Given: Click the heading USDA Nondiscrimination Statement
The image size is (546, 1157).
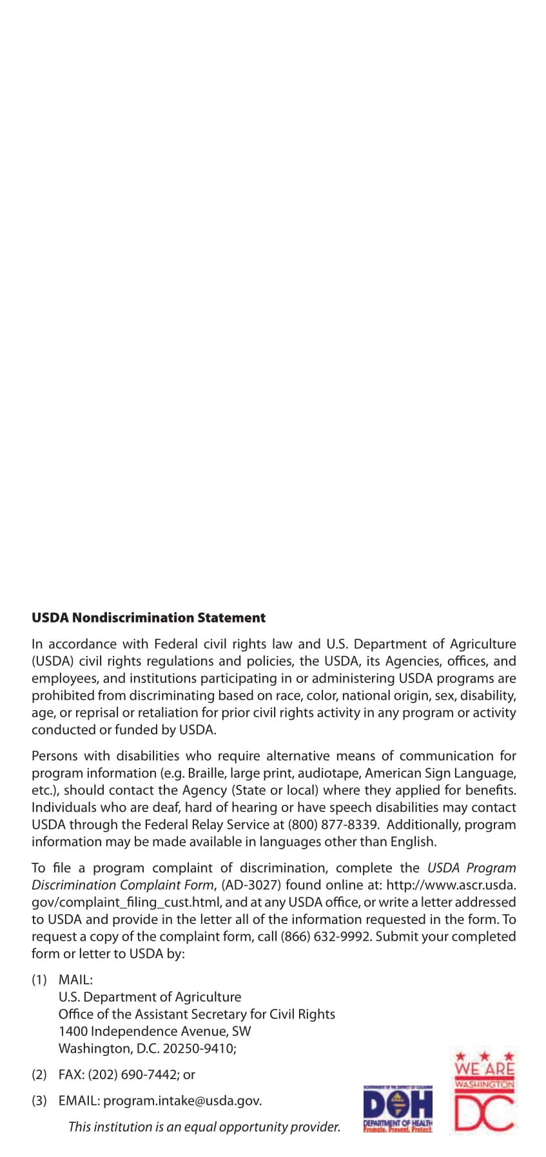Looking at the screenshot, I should (148, 617).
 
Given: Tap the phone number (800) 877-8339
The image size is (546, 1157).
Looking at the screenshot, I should (333, 824).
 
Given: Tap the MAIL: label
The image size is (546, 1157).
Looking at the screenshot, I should (75, 979).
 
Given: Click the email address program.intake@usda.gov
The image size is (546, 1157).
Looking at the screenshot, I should (182, 1100).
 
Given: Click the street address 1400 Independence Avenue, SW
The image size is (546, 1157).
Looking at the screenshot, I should (155, 1031).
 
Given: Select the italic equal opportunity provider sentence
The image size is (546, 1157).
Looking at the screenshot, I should (204, 1127).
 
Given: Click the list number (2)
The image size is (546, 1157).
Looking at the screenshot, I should (39, 1074).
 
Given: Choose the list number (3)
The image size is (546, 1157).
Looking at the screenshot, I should (39, 1100).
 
